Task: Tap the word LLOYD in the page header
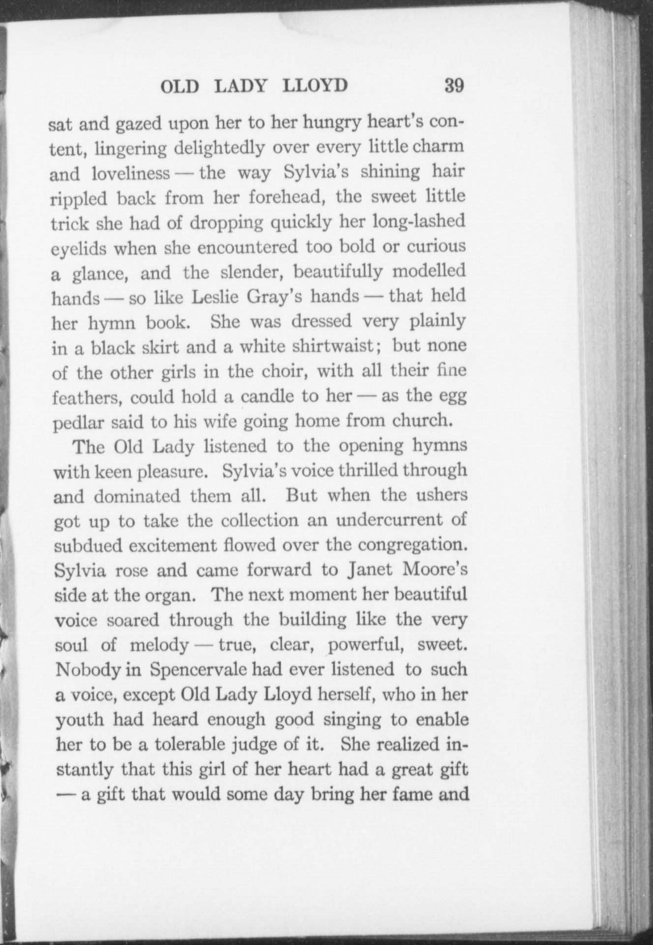[x=315, y=86]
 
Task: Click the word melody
[x=159, y=645]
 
